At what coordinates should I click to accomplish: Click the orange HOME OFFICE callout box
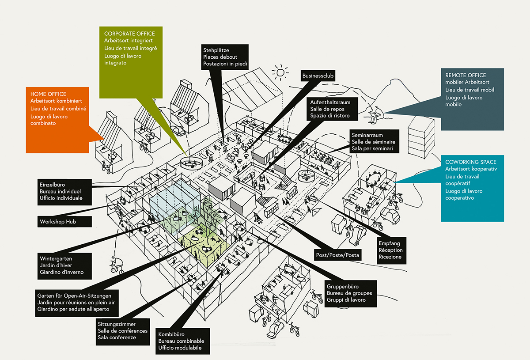(x=57, y=119)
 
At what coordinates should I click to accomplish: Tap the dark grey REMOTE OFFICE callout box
(x=472, y=99)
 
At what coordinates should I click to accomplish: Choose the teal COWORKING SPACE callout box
(x=472, y=187)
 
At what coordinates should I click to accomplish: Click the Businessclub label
(x=318, y=76)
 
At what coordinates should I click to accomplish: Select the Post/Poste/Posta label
(x=337, y=255)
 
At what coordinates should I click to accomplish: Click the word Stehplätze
(x=216, y=50)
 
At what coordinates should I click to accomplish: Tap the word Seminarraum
(x=367, y=135)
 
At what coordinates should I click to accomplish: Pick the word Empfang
(x=389, y=243)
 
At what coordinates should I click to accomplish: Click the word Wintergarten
(x=56, y=258)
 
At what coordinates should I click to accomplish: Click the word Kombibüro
(x=171, y=334)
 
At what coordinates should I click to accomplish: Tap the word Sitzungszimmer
(x=117, y=324)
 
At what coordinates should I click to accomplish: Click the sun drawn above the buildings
(x=280, y=72)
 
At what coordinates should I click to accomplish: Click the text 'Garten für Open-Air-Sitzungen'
(x=77, y=295)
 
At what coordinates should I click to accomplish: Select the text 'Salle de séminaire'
(x=374, y=142)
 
